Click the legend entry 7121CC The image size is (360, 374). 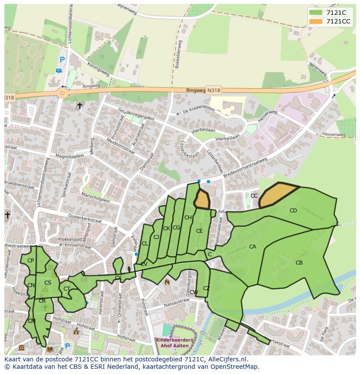click(338, 21)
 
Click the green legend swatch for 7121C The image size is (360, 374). click(316, 13)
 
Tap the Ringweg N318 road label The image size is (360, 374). click(203, 90)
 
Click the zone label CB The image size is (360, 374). click(299, 262)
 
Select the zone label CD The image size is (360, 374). click(293, 211)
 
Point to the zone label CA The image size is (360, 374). click(253, 247)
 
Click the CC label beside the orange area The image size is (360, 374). click(254, 196)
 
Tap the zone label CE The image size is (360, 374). click(199, 231)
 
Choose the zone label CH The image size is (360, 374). click(188, 218)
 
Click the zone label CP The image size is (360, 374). click(30, 261)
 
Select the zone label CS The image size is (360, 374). click(48, 283)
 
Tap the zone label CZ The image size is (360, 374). click(207, 288)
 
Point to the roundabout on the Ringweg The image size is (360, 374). click(63, 93)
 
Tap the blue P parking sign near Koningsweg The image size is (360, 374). click(62, 60)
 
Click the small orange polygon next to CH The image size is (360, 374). click(202, 199)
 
